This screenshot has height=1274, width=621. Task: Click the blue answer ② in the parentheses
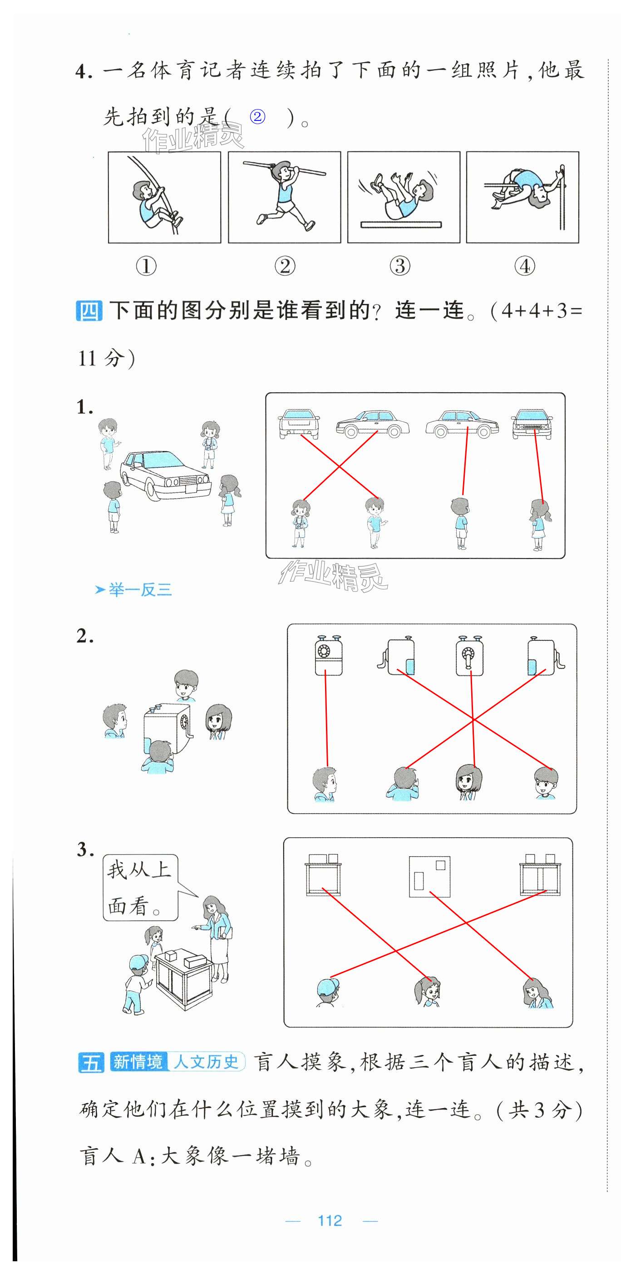[257, 117]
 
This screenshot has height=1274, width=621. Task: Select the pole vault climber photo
[164, 197]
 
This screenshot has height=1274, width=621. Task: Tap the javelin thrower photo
[285, 197]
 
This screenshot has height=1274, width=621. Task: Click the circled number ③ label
[400, 266]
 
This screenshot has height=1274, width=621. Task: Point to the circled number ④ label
[525, 266]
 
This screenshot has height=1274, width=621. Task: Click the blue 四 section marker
[89, 310]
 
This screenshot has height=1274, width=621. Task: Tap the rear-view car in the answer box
[298, 424]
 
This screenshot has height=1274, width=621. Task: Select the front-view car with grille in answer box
[532, 424]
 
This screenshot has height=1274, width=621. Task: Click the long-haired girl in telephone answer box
[468, 782]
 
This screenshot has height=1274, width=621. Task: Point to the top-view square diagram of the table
[429, 876]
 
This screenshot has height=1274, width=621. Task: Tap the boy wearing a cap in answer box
[328, 992]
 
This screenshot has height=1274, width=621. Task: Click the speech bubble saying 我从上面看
[140, 888]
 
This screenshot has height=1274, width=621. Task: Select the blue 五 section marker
[91, 1062]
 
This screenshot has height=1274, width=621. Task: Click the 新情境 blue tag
[138, 1061]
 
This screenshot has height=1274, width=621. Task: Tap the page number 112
[330, 1220]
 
